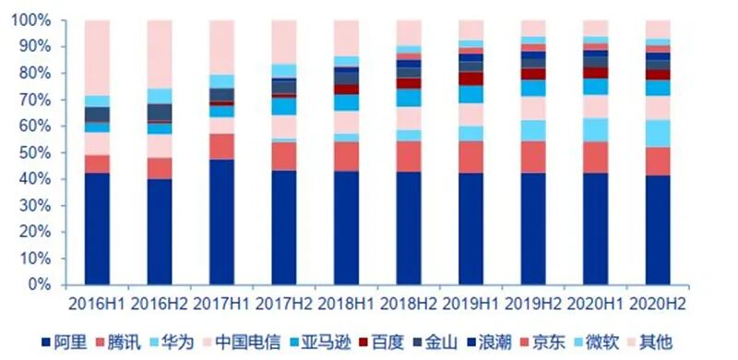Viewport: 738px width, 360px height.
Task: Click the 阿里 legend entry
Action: pos(65,342)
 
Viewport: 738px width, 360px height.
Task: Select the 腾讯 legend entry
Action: pos(119,342)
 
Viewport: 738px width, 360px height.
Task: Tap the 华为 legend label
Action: pos(172,342)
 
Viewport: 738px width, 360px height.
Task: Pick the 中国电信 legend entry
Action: pos(242,342)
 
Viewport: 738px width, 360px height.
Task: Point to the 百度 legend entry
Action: pos(382,342)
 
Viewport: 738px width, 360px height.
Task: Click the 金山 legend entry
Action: pos(434,342)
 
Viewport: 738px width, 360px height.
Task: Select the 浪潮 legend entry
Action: pos(489,342)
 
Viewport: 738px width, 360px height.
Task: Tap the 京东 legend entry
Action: pos(542,342)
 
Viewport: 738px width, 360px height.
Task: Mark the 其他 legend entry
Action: pos(649,342)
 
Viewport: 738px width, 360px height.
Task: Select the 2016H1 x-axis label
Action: pos(97,304)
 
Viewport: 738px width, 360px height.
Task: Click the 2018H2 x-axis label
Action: pos(409,304)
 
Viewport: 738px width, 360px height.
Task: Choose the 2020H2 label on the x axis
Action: pos(658,304)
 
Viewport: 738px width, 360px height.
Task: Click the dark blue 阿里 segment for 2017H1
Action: pos(221,222)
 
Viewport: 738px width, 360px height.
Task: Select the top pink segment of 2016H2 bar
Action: pos(160,54)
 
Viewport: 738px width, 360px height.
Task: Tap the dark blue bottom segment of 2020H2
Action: pos(658,231)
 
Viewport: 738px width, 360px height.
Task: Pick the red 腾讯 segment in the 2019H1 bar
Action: pos(470,157)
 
